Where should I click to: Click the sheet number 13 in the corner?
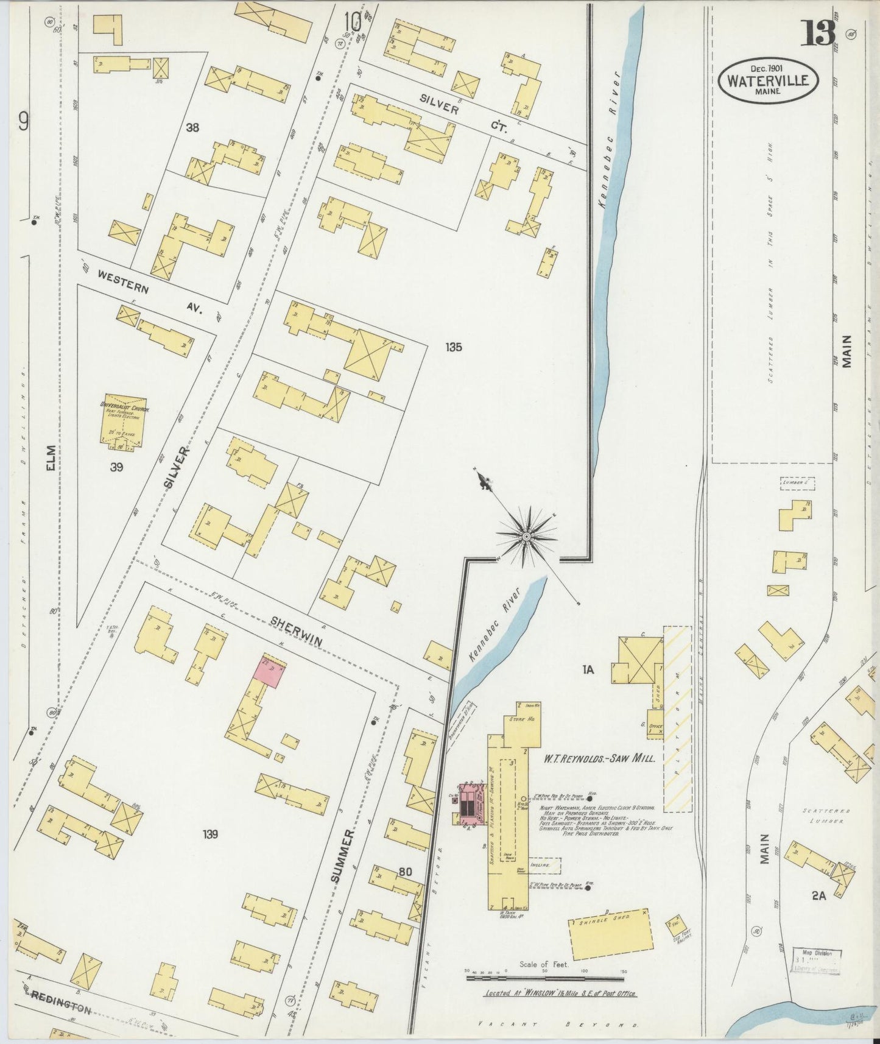818,33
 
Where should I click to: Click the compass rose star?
525,536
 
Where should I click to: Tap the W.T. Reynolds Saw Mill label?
599,759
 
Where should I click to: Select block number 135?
453,347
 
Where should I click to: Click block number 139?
211,834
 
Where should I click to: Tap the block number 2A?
818,895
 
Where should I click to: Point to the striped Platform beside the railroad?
677,719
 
